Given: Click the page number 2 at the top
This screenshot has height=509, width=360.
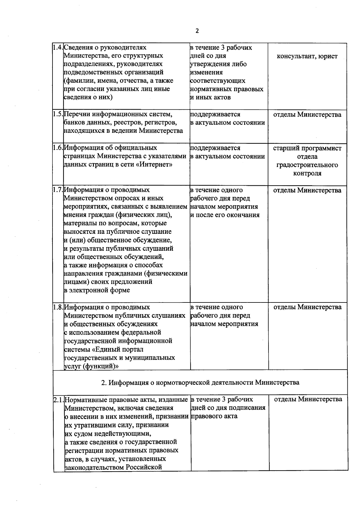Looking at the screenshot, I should click(x=197, y=31).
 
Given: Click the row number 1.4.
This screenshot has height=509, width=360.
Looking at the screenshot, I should click(x=58, y=47).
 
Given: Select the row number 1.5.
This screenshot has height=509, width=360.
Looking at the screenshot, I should click(x=58, y=114).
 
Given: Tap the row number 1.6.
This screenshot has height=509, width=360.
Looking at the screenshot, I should click(x=58, y=148).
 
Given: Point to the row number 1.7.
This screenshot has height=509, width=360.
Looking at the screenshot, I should click(x=58, y=190).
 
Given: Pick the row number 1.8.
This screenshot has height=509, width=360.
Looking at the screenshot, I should click(x=58, y=307).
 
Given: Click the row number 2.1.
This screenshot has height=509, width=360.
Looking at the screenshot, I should click(x=59, y=400).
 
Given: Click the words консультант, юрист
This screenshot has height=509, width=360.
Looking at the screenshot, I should click(x=307, y=56).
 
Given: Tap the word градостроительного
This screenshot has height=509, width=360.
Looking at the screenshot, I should click(x=307, y=165).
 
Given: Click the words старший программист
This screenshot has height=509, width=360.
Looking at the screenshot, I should click(x=307, y=148).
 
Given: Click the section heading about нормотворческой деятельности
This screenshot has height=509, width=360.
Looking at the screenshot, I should click(x=200, y=382).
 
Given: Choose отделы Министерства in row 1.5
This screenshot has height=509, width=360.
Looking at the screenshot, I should click(x=307, y=115).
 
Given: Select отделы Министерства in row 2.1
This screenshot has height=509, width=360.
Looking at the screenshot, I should click(x=308, y=399).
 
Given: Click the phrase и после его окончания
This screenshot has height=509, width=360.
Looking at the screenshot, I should click(x=225, y=215).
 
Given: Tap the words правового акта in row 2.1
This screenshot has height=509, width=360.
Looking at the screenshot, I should click(x=214, y=416).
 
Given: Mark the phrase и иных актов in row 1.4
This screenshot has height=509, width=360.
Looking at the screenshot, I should click(x=210, y=97).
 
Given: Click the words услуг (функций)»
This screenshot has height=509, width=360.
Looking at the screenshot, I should click(x=91, y=366).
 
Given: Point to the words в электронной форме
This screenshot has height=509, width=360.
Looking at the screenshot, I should click(x=97, y=290).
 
